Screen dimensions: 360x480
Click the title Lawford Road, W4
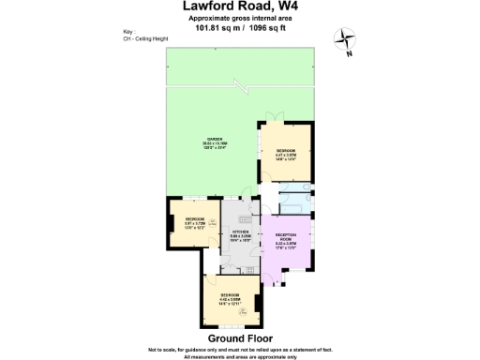[x=239, y=7]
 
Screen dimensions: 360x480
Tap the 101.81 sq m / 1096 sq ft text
[x=239, y=27]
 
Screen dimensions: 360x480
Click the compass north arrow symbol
[x=348, y=39]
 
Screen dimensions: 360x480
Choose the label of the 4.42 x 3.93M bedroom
[x=231, y=302]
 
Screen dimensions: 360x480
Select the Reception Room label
[x=285, y=240]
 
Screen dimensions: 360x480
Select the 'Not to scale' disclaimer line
[x=240, y=349]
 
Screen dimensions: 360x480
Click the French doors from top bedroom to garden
[x=273, y=119]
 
